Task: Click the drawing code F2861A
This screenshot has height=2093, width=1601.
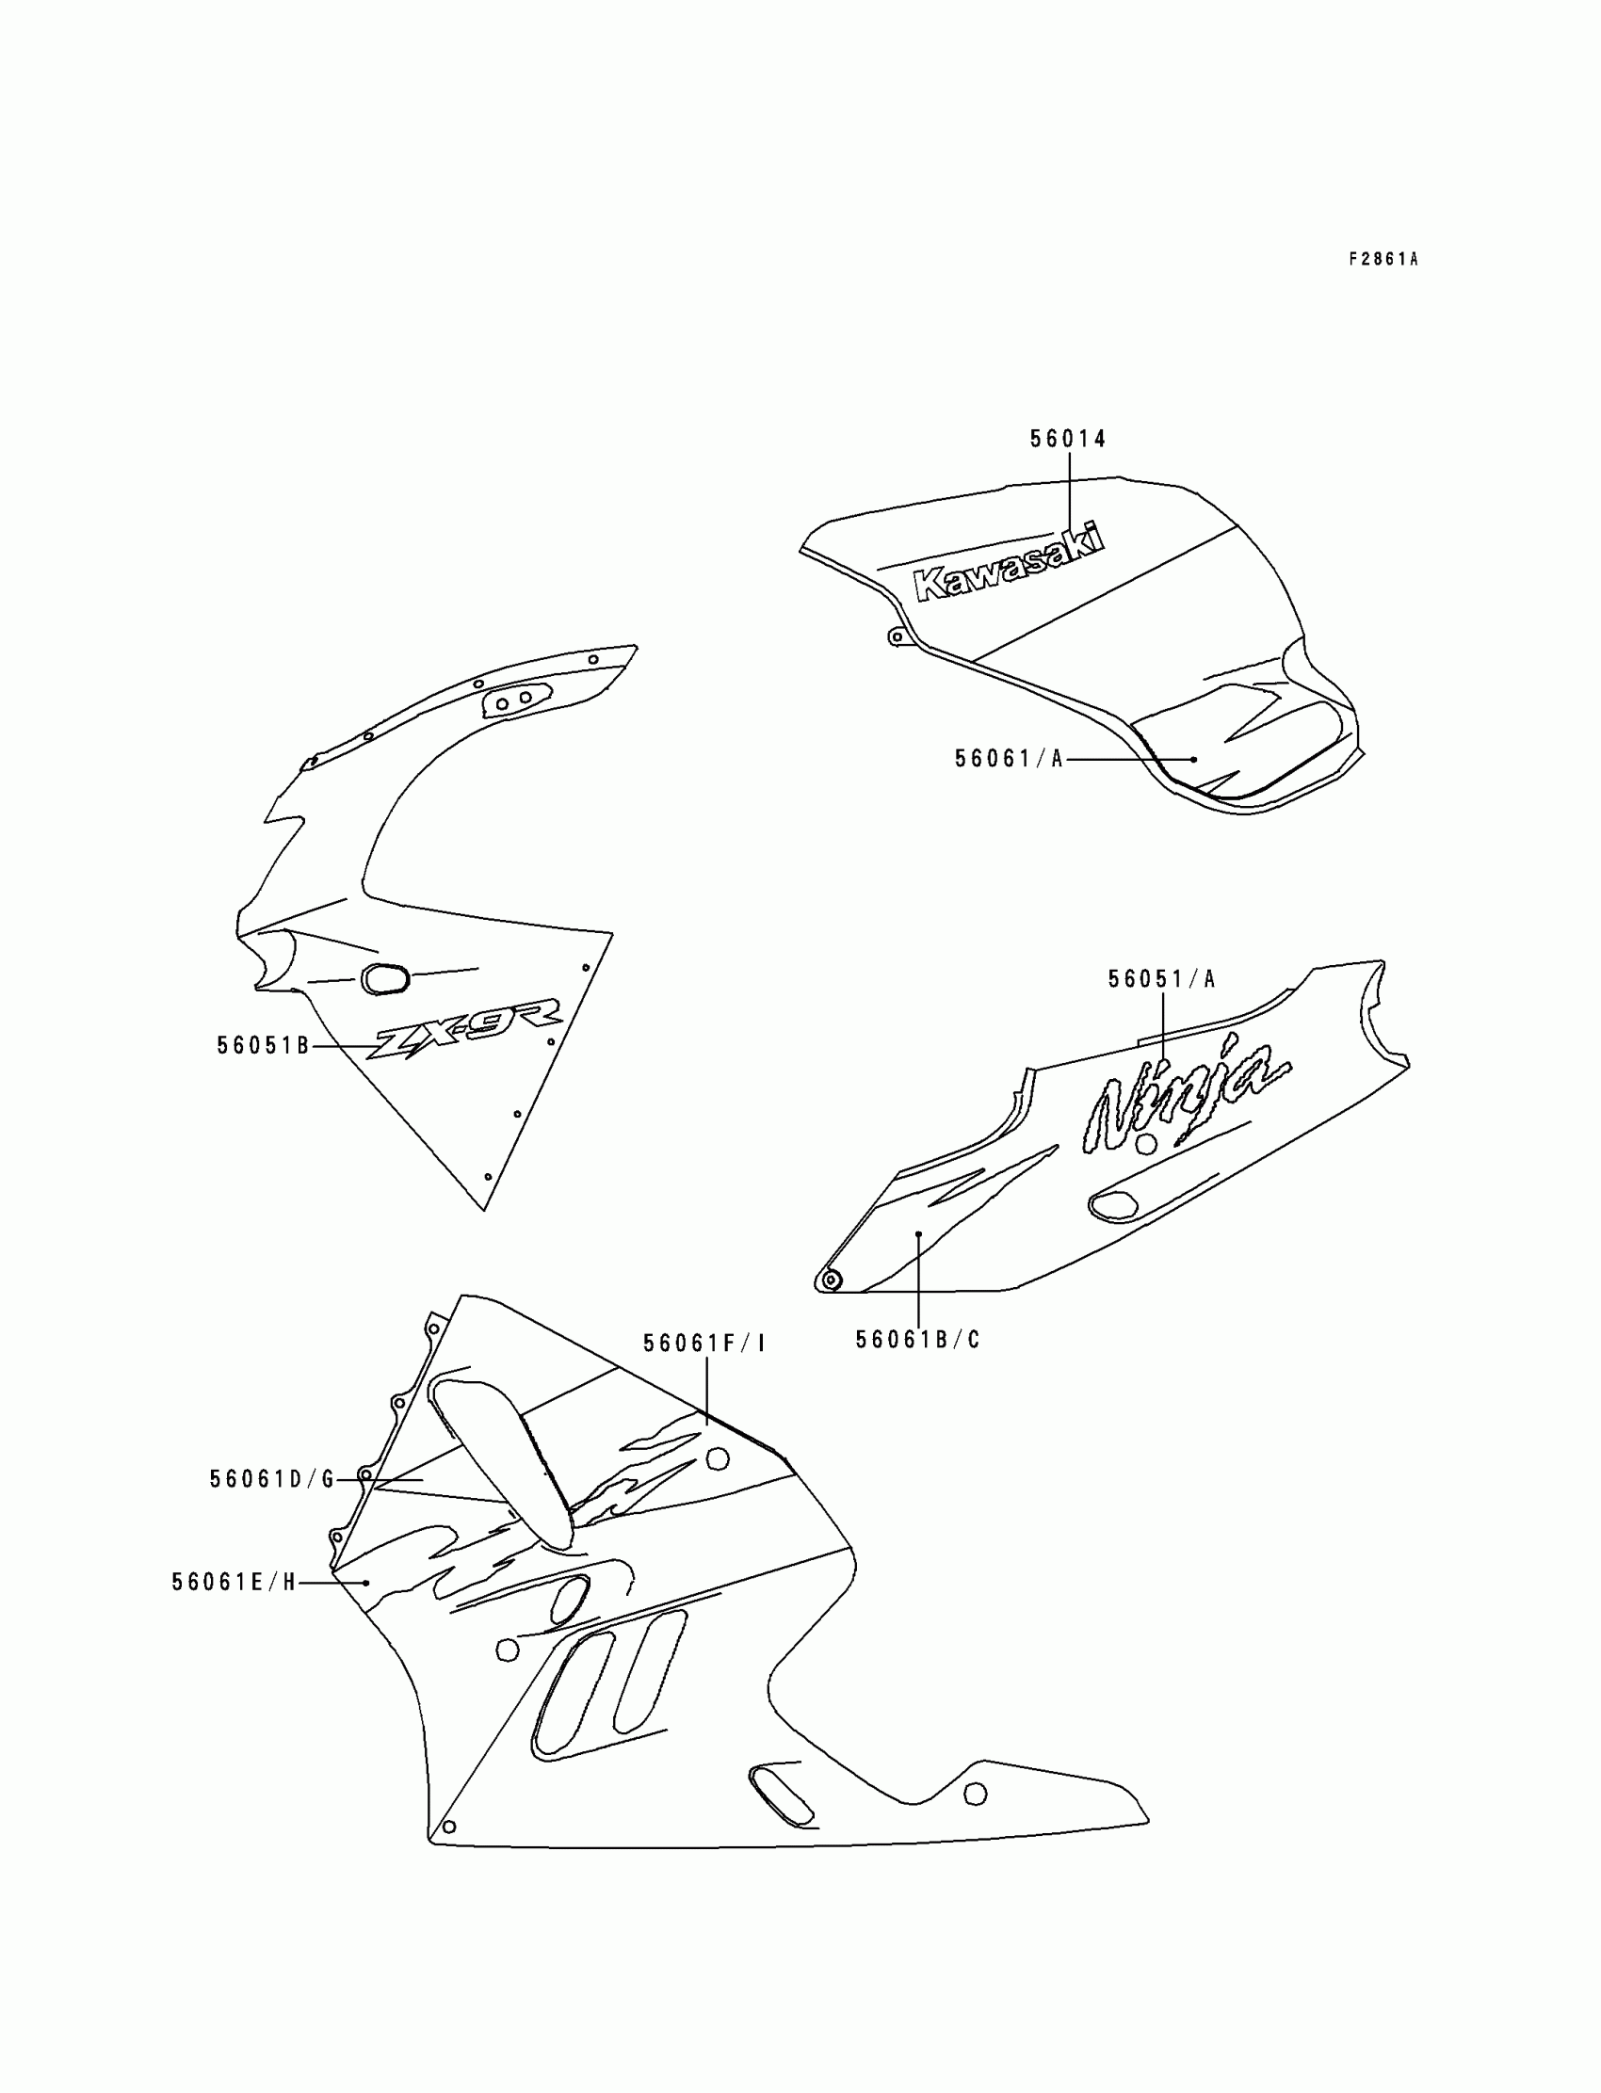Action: click(x=1383, y=259)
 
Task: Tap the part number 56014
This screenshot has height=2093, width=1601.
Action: click(x=1067, y=439)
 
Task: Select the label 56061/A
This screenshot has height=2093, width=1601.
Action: click(x=1009, y=759)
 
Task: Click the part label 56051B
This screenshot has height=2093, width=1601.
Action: click(x=263, y=1046)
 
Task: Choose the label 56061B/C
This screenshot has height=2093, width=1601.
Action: click(x=916, y=1341)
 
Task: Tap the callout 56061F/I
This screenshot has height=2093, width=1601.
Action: click(x=704, y=1344)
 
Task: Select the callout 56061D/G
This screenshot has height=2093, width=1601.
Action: click(x=271, y=1479)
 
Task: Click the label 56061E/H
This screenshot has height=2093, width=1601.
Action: click(x=234, y=1583)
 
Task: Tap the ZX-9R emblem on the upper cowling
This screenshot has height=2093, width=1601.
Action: click(x=466, y=1026)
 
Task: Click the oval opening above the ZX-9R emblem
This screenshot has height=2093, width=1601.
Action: click(x=385, y=979)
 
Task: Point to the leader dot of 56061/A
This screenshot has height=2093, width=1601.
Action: click(x=1194, y=759)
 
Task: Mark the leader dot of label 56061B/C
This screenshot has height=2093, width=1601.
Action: click(x=917, y=1233)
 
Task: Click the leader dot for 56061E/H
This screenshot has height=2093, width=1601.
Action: click(x=367, y=1583)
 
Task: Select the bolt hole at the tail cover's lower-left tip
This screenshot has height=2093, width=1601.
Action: click(x=830, y=1280)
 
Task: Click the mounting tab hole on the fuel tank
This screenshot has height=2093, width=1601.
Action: click(x=895, y=636)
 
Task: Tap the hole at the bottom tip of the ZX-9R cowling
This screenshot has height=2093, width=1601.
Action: click(x=488, y=1177)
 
